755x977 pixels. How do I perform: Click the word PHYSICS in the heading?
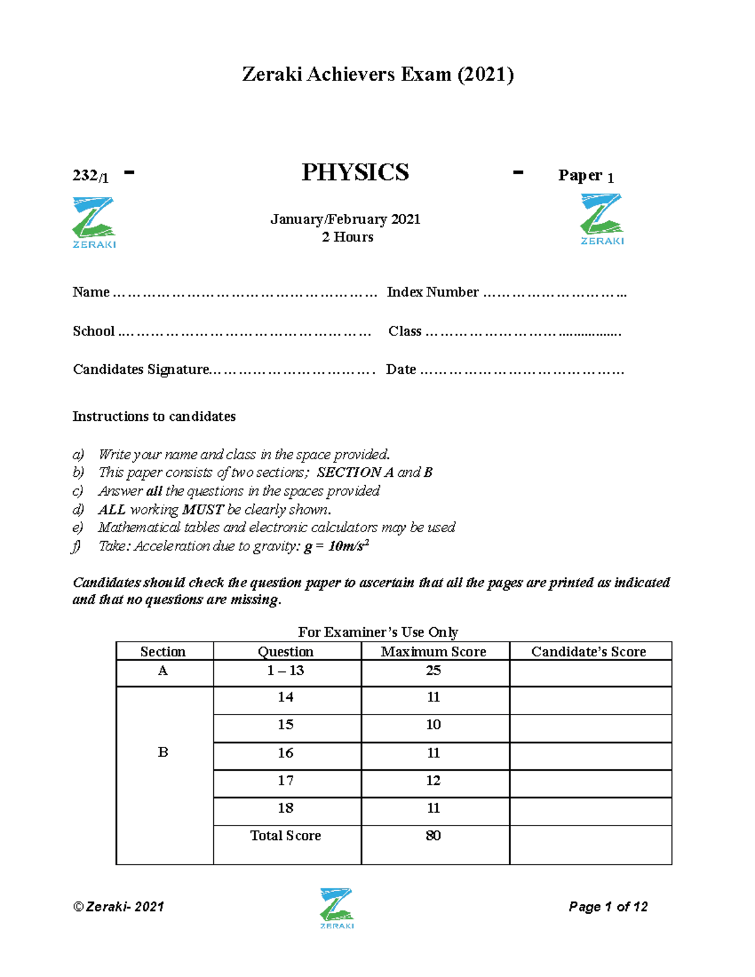tap(355, 172)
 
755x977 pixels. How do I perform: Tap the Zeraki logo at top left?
tap(94, 222)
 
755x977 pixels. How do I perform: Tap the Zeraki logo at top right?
tap(601, 219)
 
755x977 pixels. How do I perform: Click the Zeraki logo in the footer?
tap(337, 908)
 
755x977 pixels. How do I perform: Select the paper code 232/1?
tap(91, 176)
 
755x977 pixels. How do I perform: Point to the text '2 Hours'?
tap(347, 237)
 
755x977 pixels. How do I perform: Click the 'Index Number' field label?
tap(432, 292)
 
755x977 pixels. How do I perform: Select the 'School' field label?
tap(94, 331)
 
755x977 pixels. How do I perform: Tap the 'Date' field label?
tap(401, 369)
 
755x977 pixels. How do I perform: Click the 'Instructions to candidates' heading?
tap(154, 416)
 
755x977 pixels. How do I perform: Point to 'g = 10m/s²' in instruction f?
tap(336, 546)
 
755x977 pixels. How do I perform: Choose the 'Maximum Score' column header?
tap(433, 652)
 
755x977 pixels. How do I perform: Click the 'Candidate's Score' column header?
tap(588, 652)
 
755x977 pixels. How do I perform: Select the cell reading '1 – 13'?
tap(286, 671)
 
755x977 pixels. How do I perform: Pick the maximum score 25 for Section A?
tap(433, 671)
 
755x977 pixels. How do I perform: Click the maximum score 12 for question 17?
tap(433, 781)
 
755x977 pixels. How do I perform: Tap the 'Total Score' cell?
tap(286, 835)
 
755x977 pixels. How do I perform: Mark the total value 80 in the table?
tap(433, 835)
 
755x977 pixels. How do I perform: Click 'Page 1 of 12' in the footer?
tap(608, 907)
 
